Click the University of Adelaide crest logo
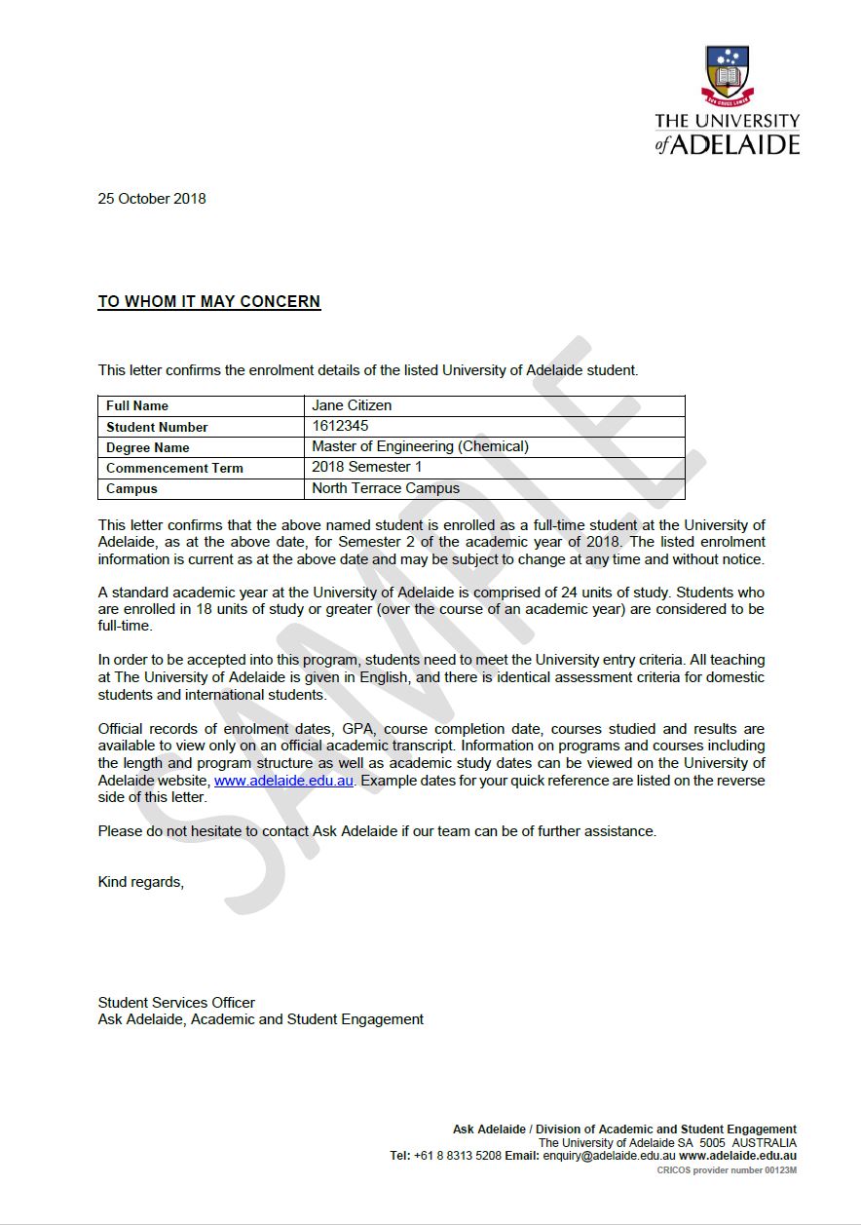tap(727, 74)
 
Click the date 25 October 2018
tap(152, 199)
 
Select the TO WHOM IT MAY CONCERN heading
tap(209, 302)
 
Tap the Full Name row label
tap(137, 405)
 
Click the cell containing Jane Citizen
tap(352, 405)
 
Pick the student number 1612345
tap(340, 426)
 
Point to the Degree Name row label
tap(148, 447)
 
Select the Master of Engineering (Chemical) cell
tap(420, 446)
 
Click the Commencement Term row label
tap(174, 468)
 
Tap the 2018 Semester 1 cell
tap(366, 467)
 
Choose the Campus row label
tap(131, 488)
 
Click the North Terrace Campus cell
tap(386, 488)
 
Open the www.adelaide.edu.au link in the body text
tap(283, 781)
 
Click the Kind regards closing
tap(140, 882)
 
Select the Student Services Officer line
tap(176, 1002)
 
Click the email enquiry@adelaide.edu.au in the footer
tap(609, 1156)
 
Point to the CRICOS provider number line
tap(727, 1169)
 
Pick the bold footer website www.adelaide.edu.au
tap(737, 1156)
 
